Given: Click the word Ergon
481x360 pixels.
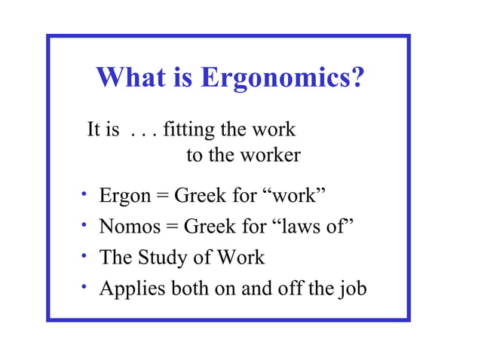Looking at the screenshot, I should [x=125, y=197].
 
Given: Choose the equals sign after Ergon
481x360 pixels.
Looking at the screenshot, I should [x=162, y=198].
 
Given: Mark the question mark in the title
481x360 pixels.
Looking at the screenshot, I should [x=357, y=77].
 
